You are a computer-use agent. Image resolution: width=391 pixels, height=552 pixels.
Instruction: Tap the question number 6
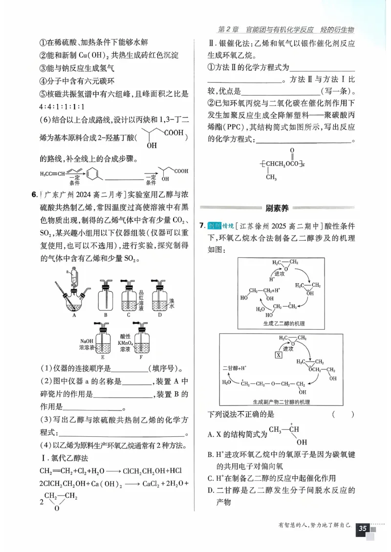point(34,195)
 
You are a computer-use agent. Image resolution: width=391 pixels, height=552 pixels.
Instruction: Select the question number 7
point(201,226)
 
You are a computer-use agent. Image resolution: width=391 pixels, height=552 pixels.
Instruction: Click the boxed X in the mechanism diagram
point(279,355)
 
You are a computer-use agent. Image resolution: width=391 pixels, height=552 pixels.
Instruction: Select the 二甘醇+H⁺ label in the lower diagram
point(236,367)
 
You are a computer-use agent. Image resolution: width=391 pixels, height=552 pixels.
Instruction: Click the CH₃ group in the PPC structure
point(272,177)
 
